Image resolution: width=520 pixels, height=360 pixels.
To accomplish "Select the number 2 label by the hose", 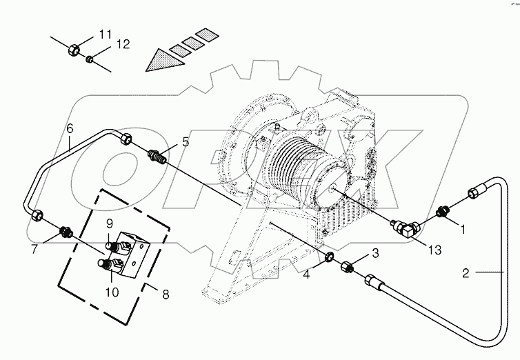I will (x=466, y=274).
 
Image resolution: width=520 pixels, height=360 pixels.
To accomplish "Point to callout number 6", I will (x=70, y=128).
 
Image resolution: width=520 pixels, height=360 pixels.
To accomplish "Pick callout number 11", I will (x=105, y=34).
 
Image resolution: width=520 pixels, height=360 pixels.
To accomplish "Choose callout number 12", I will (x=122, y=45).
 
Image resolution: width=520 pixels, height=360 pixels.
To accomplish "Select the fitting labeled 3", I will (x=349, y=266).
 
